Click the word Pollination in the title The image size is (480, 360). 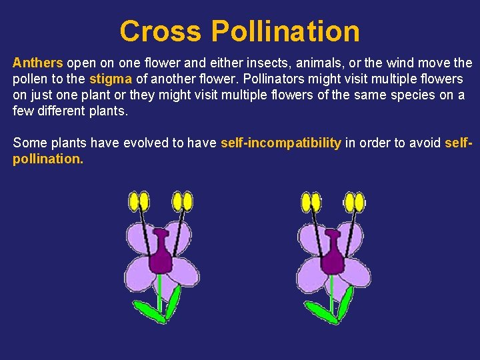pyautogui.click(x=285, y=31)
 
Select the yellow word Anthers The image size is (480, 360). pyautogui.click(x=37, y=63)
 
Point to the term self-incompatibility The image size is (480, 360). pyautogui.click(x=281, y=143)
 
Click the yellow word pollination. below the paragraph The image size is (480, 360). pyautogui.click(x=48, y=159)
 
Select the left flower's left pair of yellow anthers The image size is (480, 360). pyautogui.click(x=139, y=201)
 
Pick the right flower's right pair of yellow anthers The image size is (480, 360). pyautogui.click(x=355, y=201)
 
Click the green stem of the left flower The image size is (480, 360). pyautogui.click(x=160, y=293)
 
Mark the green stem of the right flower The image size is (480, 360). pyautogui.click(x=331, y=293)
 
